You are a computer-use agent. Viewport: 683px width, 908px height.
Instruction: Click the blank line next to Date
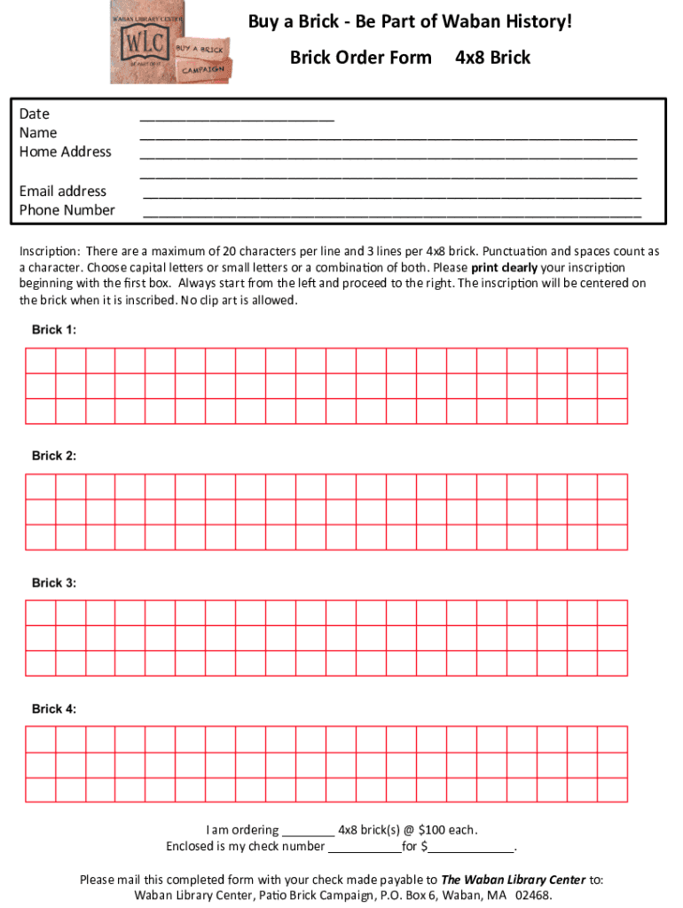click(237, 116)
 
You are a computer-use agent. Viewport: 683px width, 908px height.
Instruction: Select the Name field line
click(389, 136)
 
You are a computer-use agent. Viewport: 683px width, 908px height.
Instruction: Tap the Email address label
click(63, 191)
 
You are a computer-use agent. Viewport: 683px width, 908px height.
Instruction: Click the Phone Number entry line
click(391, 213)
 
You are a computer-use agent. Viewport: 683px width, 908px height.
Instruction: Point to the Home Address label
click(66, 152)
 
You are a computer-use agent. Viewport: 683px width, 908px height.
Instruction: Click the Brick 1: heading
click(54, 330)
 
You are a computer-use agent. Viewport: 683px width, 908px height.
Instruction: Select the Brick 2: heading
click(54, 456)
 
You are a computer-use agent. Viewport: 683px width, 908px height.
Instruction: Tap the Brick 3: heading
click(54, 583)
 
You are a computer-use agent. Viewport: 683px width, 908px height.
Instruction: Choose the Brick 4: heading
click(54, 709)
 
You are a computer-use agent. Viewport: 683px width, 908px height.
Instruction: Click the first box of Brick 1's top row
click(41, 361)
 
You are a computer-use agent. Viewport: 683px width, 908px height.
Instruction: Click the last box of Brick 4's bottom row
click(612, 789)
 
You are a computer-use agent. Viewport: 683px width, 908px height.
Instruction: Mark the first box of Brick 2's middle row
click(41, 512)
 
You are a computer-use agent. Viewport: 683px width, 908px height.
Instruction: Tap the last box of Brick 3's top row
click(612, 613)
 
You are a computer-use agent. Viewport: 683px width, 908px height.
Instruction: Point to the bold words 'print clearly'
click(504, 268)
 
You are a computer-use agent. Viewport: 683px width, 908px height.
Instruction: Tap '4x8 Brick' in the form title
click(492, 58)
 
